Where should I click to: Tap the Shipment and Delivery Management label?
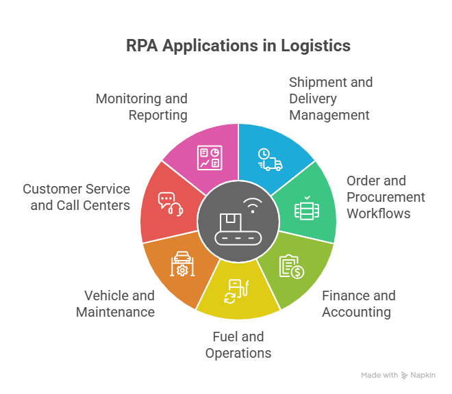[x=330, y=98]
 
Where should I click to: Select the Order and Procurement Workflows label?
[x=385, y=197]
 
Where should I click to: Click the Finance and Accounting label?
[x=358, y=304]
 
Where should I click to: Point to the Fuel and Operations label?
[x=238, y=345]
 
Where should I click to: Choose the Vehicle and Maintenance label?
[x=115, y=304]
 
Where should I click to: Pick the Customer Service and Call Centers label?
[x=76, y=197]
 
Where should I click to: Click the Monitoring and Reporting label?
[x=141, y=107]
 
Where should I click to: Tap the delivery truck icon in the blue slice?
[x=270, y=159]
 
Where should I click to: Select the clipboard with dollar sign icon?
[x=292, y=266]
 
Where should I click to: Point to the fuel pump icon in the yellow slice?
[x=236, y=291]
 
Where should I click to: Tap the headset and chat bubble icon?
[x=169, y=203]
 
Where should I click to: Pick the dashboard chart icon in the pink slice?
[x=208, y=158]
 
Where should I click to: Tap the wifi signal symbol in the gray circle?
[x=253, y=205]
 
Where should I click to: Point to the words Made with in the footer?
[x=379, y=376]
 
